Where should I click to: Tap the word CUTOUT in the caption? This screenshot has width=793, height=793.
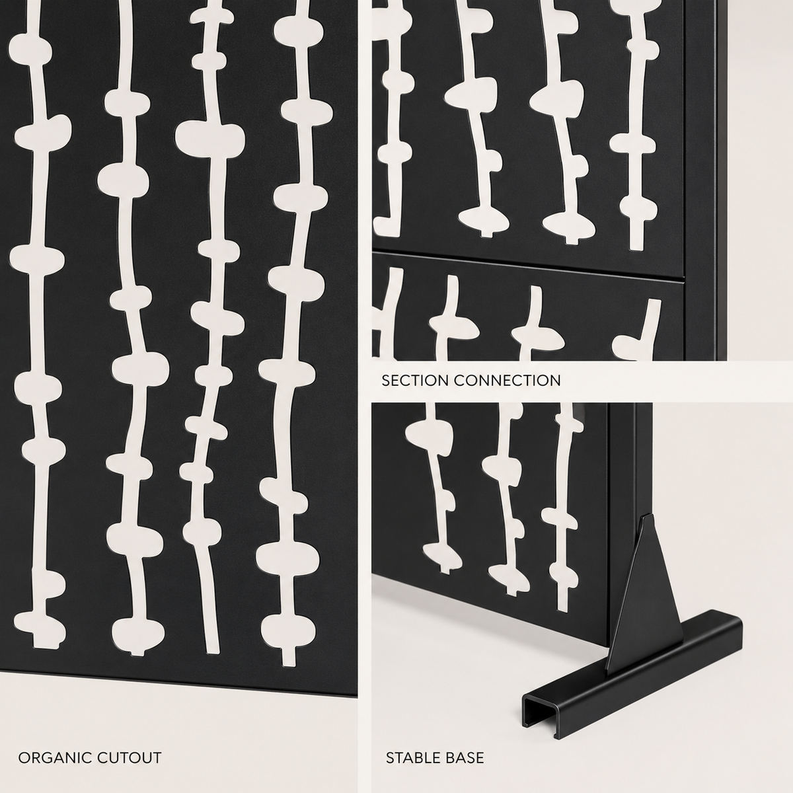pos(130,746)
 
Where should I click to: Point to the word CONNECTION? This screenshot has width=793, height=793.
pos(508,381)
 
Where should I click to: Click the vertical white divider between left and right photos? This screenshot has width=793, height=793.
pos(365,397)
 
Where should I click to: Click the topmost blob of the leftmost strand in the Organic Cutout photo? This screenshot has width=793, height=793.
pos(30,50)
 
